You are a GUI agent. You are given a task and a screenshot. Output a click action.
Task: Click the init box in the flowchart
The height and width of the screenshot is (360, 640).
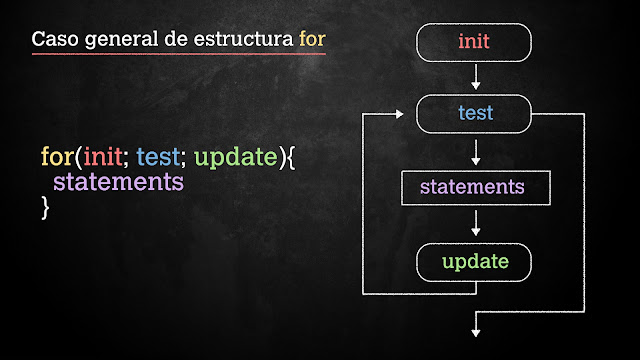474,42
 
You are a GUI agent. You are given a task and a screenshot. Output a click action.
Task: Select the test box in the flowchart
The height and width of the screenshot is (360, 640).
474,113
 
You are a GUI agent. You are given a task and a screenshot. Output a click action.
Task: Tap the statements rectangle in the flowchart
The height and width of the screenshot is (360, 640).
472,187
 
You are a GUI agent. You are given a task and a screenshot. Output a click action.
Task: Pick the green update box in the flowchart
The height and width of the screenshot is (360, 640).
474,262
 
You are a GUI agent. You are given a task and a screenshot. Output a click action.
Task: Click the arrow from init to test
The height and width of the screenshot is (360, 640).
475,77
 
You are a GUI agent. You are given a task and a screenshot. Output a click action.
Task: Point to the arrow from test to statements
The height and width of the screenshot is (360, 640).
475,151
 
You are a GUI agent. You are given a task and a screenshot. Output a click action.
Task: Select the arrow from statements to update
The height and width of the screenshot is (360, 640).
475,223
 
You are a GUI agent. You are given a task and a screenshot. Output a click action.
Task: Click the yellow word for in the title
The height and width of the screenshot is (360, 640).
312,41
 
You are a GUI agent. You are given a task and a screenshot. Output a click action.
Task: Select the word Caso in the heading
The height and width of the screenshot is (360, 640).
52,41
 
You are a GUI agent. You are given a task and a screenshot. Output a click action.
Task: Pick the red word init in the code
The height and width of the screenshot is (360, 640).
103,158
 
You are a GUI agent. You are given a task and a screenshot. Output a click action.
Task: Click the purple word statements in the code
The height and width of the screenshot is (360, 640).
118,183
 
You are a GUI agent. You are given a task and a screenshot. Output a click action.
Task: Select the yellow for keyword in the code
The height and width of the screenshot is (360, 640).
55,158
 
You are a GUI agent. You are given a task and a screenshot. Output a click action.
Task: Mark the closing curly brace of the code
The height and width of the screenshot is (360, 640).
45,208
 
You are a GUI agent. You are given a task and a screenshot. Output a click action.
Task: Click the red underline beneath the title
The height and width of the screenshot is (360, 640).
178,54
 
